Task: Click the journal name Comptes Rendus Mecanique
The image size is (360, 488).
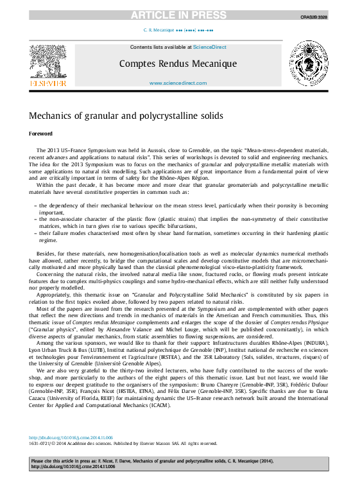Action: [178, 64]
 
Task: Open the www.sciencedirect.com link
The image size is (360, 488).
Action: [178, 83]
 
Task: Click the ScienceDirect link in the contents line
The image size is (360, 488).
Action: [209, 47]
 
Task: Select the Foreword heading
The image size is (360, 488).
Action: [40, 134]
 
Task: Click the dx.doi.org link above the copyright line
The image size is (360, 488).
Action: [71, 437]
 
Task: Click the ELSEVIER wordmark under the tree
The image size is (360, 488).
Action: [48, 83]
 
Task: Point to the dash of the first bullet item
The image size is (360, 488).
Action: [34, 205]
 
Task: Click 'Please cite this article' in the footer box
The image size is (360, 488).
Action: [59, 461]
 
